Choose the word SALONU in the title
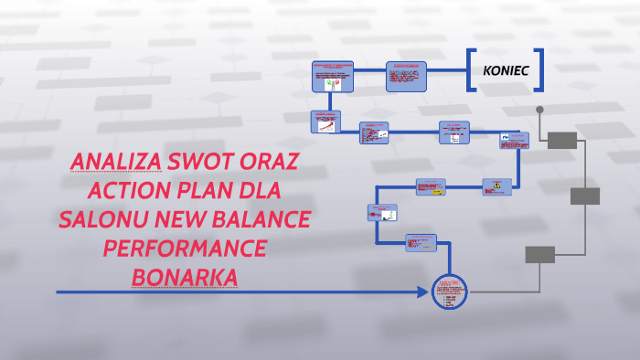click(100, 220)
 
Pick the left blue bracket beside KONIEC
click(470, 70)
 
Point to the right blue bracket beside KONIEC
click(541, 70)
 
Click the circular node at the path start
click(448, 292)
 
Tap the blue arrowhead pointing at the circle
click(424, 293)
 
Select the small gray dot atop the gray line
click(539, 110)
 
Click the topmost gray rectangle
click(562, 140)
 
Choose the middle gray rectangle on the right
click(585, 196)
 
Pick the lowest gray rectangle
click(539, 254)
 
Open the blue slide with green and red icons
click(333, 78)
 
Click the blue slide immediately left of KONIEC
click(406, 76)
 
